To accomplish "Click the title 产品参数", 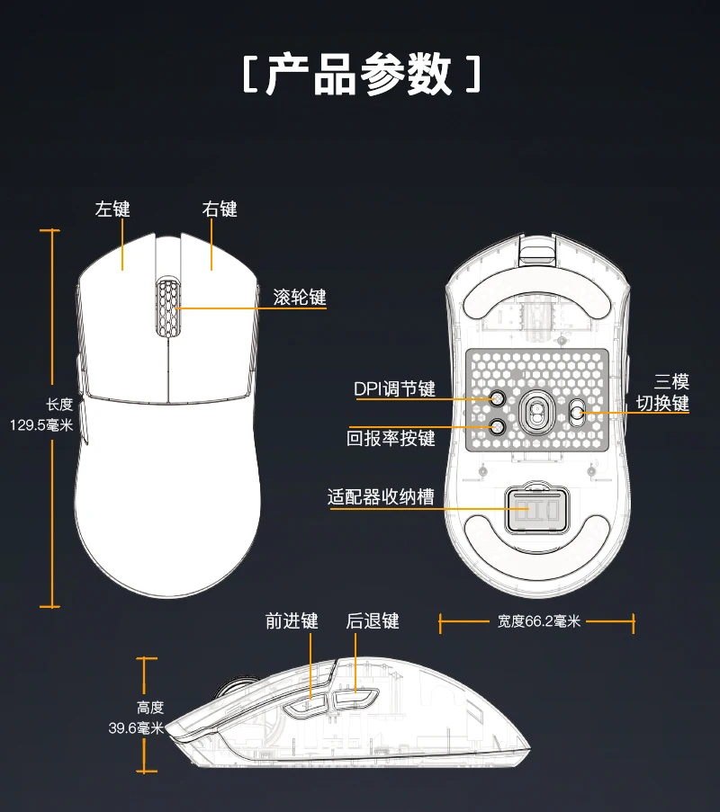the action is [x=360, y=76].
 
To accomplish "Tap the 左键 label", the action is [x=112, y=209].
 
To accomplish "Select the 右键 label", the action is [x=220, y=209].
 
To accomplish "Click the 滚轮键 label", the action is [x=300, y=296].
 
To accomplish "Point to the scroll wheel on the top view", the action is [x=167, y=307].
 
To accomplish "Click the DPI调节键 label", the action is [x=394, y=388].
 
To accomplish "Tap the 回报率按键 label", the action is [x=391, y=438].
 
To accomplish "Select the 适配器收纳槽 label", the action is [x=381, y=496].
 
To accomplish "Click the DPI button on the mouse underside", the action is [x=496, y=398].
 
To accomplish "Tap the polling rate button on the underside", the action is [x=496, y=428].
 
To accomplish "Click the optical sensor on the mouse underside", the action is [x=536, y=412].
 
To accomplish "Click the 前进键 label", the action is [x=292, y=621].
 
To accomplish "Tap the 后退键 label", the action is [x=372, y=621].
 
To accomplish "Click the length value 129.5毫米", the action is [x=41, y=424].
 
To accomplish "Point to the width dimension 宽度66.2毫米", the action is [x=538, y=621].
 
